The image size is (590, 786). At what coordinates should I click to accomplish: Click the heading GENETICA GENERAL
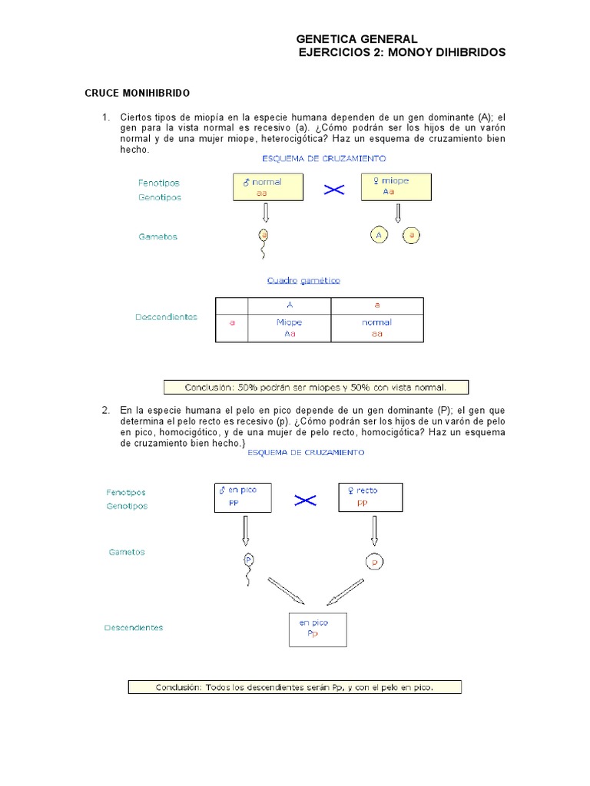356,38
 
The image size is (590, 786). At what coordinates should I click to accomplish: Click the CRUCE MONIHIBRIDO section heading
137,93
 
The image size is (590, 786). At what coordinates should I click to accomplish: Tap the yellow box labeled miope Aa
396,187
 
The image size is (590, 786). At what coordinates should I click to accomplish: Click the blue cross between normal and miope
333,190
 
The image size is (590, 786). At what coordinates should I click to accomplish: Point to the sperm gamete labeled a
264,236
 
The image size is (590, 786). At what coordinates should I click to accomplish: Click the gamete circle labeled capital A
379,236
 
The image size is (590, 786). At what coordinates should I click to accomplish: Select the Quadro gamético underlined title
303,281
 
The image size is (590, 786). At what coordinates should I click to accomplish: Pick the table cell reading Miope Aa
290,328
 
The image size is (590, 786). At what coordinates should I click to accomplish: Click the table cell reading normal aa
376,328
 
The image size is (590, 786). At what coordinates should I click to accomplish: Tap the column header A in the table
290,305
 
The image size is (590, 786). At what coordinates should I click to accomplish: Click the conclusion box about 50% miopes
316,387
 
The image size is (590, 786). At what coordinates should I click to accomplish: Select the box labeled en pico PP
243,497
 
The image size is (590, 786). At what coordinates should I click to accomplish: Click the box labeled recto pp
370,497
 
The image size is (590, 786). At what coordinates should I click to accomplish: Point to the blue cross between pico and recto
305,500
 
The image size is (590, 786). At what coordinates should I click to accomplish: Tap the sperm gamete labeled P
248,560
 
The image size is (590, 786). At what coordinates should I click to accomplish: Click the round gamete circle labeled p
374,562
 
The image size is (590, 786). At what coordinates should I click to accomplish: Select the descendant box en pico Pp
317,629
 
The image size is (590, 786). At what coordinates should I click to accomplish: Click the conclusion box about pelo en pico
294,687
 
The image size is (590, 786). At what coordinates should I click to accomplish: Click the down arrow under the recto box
374,529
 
